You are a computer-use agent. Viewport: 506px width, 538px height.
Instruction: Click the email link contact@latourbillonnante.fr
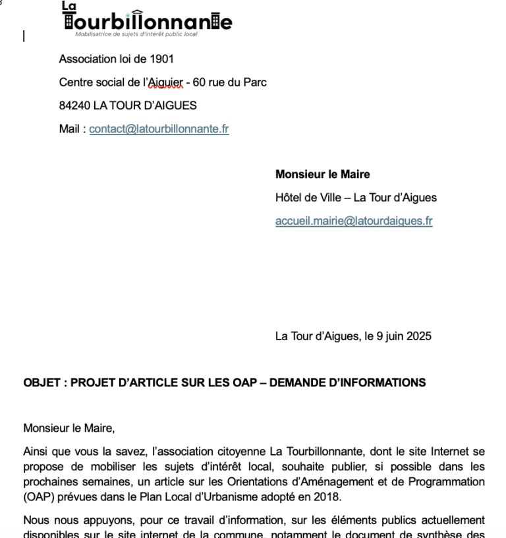(x=159, y=129)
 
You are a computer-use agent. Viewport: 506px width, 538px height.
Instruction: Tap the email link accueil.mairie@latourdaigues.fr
(x=354, y=221)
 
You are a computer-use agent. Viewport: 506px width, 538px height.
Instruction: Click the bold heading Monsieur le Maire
(x=322, y=175)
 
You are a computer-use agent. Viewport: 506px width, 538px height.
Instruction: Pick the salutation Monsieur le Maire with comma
(x=69, y=429)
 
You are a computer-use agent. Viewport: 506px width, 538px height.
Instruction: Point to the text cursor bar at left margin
(x=24, y=36)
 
